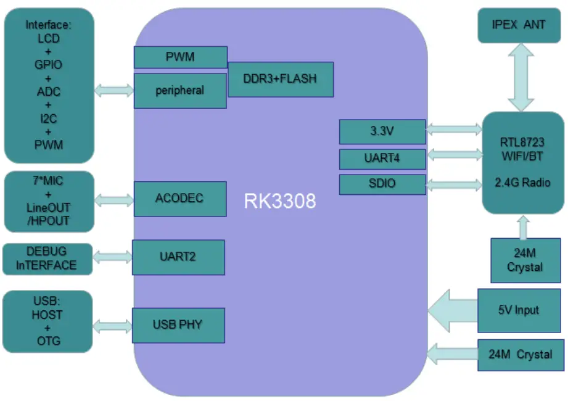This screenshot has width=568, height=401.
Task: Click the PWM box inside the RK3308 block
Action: coord(180,57)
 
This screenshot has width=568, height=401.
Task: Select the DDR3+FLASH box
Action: coord(281,79)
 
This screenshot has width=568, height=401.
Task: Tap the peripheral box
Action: coord(180,91)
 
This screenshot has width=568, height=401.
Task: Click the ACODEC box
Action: coord(179,199)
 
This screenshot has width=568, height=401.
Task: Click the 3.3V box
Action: coord(382,131)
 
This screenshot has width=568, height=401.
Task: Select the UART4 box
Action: coord(382,159)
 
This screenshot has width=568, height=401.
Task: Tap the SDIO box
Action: coord(382,184)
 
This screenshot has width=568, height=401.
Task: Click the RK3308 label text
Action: coord(281,201)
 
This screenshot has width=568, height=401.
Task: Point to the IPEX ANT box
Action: coord(520,25)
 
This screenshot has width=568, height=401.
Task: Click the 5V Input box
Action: coord(520,310)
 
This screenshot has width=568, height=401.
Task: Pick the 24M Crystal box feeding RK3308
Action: coord(520,355)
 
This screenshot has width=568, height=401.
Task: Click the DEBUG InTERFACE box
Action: coord(48,258)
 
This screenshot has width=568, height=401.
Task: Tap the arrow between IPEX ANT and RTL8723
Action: coord(520,77)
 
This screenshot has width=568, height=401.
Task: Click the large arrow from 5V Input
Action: coord(452,310)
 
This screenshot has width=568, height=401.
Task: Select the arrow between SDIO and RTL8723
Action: coord(454,184)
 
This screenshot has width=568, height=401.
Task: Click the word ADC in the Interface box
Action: coord(49,92)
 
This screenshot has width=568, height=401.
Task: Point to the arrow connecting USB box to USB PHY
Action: coord(113,325)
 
